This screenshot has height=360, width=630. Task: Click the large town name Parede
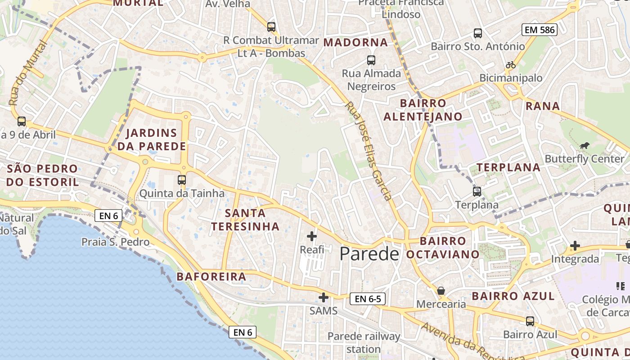tap(369, 254)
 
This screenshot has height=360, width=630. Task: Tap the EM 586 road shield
tap(540, 30)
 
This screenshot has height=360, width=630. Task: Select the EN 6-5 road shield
tap(368, 299)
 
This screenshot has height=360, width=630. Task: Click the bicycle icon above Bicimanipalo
tap(510, 65)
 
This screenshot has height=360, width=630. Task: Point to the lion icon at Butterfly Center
tap(585, 145)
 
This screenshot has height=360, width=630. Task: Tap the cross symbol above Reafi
tap(312, 236)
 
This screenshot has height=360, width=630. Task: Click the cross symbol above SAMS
tap(324, 297)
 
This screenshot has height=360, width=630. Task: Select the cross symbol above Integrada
tap(575, 246)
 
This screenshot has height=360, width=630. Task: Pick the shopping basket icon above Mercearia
tap(441, 291)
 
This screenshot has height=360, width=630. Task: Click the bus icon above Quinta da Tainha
tap(182, 180)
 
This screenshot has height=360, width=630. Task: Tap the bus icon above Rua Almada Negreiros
tap(371, 60)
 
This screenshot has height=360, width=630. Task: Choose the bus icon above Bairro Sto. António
tap(477, 33)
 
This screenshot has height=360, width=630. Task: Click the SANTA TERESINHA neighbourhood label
tap(245, 219)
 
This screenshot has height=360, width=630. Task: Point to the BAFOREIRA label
tap(211, 276)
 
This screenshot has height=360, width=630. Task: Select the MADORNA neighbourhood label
tap(355, 42)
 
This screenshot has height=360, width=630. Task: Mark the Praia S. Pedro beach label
tap(115, 242)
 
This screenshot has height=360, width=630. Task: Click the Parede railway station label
tap(364, 342)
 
